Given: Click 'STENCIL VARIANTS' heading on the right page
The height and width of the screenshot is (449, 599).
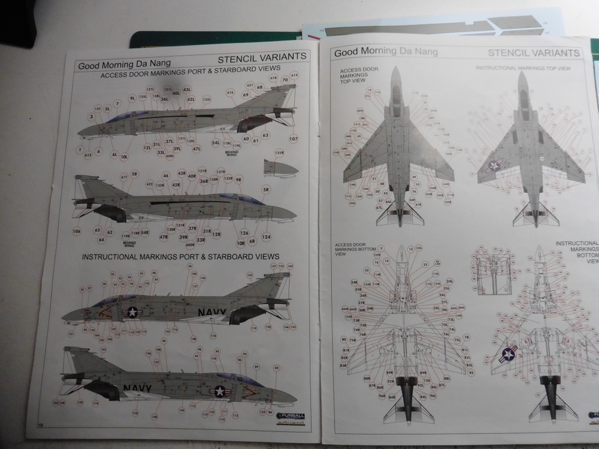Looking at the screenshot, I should [534, 53].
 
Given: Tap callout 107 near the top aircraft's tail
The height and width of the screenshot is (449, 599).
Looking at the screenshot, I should [294, 139].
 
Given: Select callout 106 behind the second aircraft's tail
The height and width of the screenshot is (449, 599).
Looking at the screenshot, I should [77, 231].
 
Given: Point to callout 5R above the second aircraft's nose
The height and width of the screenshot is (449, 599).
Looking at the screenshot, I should [266, 190].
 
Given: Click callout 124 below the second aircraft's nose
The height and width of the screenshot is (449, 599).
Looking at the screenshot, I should [267, 237].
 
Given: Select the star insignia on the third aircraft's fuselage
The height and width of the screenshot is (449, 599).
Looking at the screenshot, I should [131, 312].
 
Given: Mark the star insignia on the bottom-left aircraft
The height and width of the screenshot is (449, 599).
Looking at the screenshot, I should [219, 392].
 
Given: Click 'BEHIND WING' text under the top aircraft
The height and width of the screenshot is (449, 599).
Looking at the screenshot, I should [231, 153].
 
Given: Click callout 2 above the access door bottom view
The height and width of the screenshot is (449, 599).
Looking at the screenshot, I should [381, 247].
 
